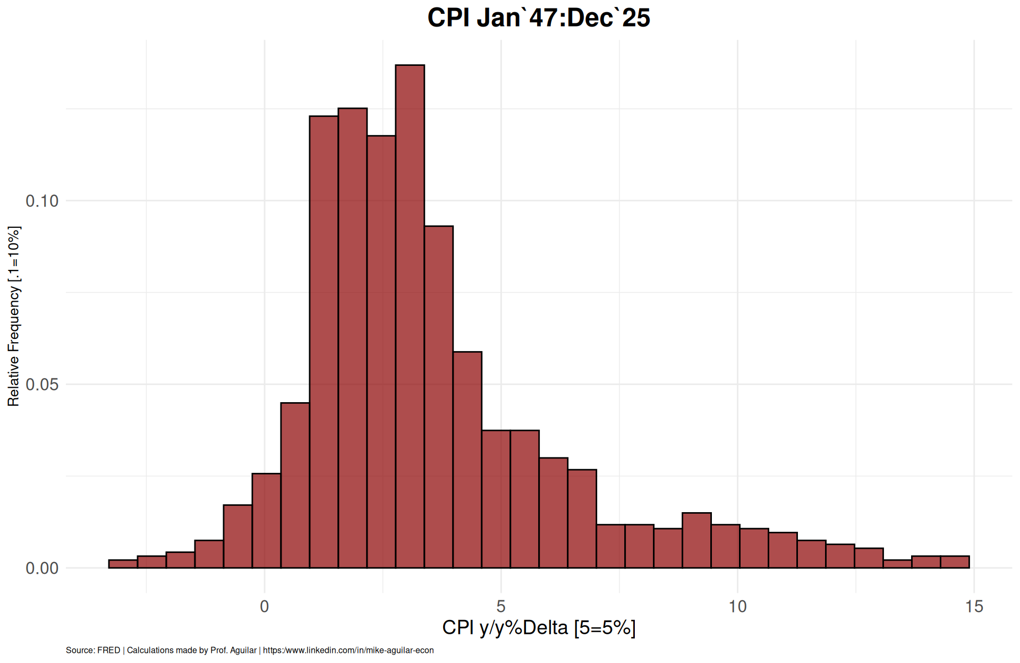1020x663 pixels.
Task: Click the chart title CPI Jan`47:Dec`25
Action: click(x=538, y=18)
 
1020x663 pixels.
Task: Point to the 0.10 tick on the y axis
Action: click(x=42, y=201)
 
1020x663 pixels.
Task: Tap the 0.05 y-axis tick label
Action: click(x=42, y=384)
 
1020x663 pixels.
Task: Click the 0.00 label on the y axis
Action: click(x=42, y=568)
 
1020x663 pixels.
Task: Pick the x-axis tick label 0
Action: click(x=265, y=606)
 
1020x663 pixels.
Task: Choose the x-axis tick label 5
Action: click(x=501, y=606)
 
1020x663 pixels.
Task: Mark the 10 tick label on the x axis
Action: click(x=737, y=606)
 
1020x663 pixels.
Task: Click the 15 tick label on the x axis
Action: click(x=974, y=606)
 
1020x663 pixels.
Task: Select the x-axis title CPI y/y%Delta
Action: click(x=505, y=628)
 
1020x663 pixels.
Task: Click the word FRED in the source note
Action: click(x=108, y=650)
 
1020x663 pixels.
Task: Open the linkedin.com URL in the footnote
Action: click(x=348, y=650)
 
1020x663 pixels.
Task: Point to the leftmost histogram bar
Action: click(x=123, y=564)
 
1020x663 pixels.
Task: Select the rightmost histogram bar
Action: click(x=955, y=562)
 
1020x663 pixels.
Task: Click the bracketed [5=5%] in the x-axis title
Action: click(x=605, y=628)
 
